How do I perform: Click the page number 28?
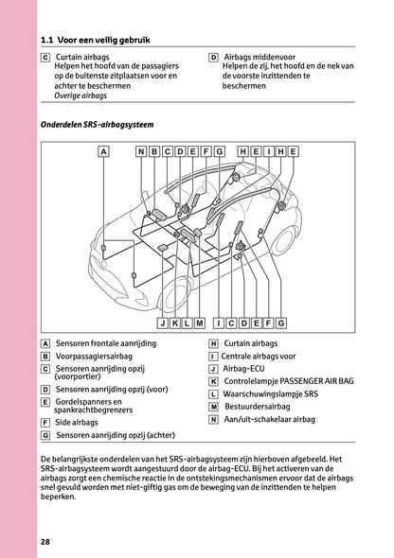tap(45, 542)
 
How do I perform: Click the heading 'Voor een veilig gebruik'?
tap(103, 40)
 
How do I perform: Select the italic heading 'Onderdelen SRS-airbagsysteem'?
tap(97, 125)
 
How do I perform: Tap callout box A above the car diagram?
tap(103, 151)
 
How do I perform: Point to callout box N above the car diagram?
tap(141, 151)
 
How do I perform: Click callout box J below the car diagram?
tap(163, 323)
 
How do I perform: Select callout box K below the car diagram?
tap(175, 323)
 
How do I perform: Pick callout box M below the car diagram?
tap(200, 323)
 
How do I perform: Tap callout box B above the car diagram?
tap(154, 151)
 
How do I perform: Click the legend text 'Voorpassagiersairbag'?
tap(94, 357)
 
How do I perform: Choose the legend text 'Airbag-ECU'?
tap(244, 369)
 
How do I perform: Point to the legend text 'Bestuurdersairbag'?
tap(258, 407)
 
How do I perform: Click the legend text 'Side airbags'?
tap(77, 423)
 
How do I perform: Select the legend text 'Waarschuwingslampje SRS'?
tap(271, 394)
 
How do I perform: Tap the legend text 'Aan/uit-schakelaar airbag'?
tap(270, 419)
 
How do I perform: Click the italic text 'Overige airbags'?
tap(81, 96)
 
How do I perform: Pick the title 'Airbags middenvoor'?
tap(260, 57)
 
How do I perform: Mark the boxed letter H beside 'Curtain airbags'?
tap(213, 343)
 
